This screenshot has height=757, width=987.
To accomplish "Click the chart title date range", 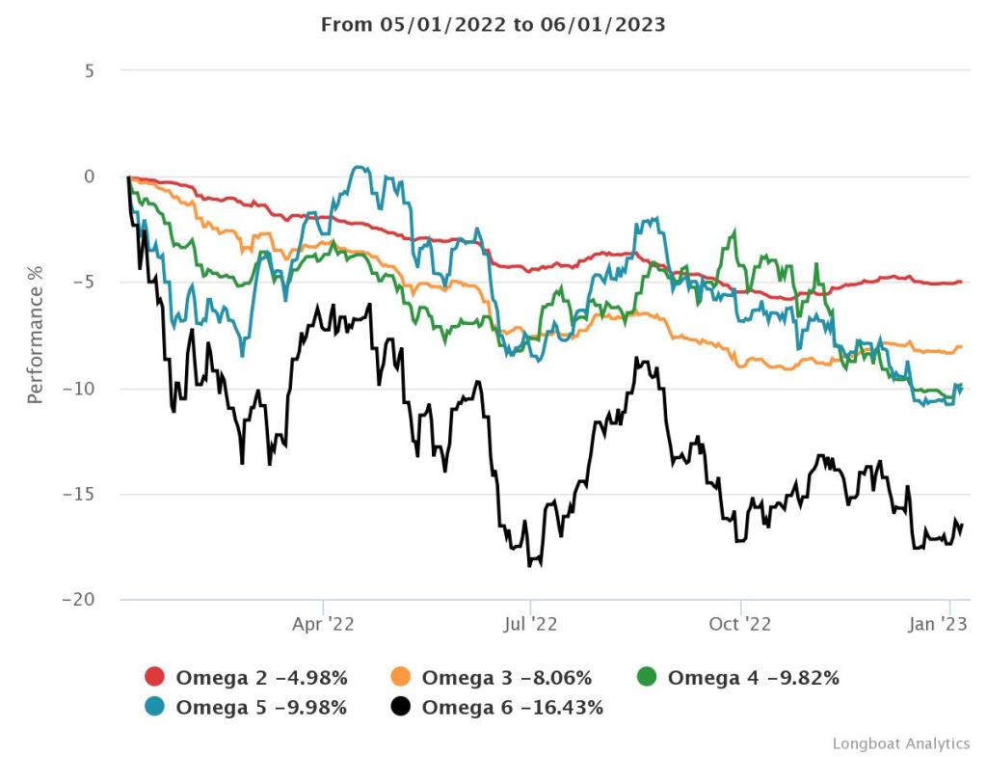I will point(493,24).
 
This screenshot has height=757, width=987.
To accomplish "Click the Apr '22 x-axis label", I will point(323,624).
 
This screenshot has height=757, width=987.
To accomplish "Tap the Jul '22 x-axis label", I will point(530,624).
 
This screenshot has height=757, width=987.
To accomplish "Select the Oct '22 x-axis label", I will point(739,624).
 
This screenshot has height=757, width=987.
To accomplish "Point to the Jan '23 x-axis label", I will point(939,624).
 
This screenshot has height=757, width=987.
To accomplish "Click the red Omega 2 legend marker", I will point(155,677).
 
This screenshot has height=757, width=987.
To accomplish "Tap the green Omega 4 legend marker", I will point(648,677).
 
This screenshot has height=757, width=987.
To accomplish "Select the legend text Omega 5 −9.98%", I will point(260,708).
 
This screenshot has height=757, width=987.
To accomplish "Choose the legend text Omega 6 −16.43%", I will point(512,708).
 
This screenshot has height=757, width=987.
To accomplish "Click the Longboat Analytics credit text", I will point(900,743).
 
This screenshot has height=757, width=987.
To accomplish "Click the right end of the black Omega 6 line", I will point(962,524).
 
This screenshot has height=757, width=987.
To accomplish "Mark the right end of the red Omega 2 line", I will point(962,282).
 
